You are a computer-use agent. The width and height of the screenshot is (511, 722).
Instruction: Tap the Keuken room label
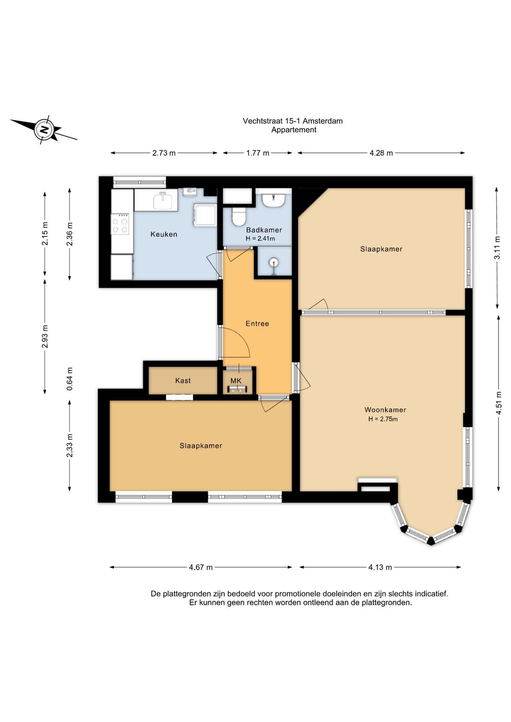tap(164, 234)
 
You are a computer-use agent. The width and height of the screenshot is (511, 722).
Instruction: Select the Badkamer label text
tap(264, 230)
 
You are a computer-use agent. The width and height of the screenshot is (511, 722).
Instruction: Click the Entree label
tap(257, 324)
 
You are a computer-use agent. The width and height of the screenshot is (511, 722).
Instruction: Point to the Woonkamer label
tap(385, 410)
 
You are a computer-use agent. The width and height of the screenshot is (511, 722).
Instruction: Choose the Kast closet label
tap(183, 380)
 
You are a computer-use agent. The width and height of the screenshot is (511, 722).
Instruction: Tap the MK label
tap(236, 381)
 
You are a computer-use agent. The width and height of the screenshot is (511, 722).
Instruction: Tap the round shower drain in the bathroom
tap(274, 263)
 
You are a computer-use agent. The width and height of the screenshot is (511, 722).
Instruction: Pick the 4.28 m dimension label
tap(381, 153)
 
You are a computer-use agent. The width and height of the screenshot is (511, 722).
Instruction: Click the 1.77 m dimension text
tap(257, 153)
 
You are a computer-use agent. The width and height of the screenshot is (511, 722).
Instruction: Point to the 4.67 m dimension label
tap(201, 567)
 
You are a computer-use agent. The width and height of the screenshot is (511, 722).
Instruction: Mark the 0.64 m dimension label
tap(70, 379)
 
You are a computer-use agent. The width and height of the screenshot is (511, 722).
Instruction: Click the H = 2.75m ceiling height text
tap(383, 419)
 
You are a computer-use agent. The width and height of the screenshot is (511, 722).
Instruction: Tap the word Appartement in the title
tap(294, 130)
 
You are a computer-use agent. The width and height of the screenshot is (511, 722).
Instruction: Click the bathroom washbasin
tap(273, 200)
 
